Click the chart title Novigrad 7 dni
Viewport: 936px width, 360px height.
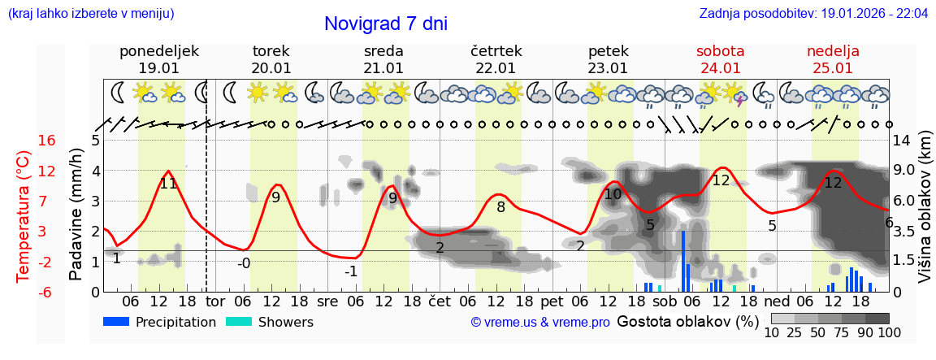click(x=385, y=24)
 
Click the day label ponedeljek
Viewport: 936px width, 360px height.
click(x=158, y=51)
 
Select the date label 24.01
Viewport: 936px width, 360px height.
click(x=721, y=68)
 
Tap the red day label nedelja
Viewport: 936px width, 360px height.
click(x=833, y=51)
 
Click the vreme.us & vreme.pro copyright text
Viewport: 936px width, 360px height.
click(x=540, y=323)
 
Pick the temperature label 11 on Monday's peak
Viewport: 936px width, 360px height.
click(x=168, y=184)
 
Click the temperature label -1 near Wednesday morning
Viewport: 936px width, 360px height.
click(x=350, y=271)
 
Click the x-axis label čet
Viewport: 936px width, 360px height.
click(x=440, y=301)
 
